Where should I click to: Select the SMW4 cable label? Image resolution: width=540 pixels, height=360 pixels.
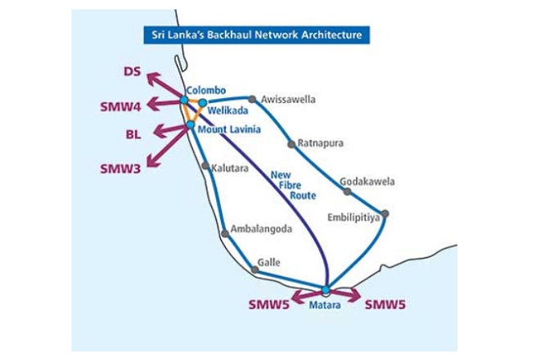point(120,105)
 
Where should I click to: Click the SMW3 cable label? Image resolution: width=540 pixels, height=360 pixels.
point(120,169)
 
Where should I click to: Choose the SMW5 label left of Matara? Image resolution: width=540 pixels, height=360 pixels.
point(268,306)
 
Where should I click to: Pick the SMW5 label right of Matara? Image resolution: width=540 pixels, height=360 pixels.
point(385,306)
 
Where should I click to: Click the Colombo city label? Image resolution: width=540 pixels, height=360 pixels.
point(205,90)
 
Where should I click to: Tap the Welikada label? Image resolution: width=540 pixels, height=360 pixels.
point(225,112)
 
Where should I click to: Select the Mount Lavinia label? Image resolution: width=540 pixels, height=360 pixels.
point(228,128)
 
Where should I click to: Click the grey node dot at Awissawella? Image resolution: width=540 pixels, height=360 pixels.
point(253,100)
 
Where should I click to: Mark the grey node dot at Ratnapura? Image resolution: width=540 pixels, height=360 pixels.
point(291,144)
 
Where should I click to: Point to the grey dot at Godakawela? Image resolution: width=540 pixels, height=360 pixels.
point(347,191)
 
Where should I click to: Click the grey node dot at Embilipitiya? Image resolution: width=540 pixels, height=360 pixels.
point(385,214)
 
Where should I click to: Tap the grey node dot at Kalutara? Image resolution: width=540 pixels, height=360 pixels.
point(205,166)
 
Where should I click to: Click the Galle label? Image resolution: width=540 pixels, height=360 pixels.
point(269,263)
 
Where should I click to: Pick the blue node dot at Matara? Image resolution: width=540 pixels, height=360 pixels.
point(326,290)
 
